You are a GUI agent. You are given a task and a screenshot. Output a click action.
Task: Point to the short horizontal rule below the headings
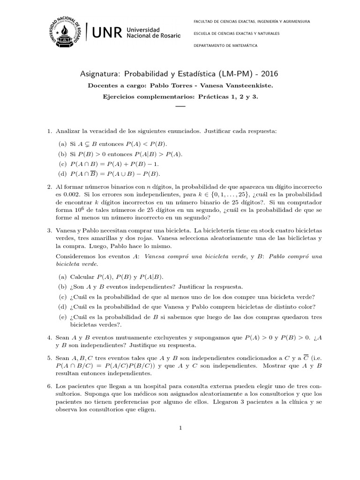point(180,107)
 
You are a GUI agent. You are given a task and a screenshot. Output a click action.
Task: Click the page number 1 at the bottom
point(180,427)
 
